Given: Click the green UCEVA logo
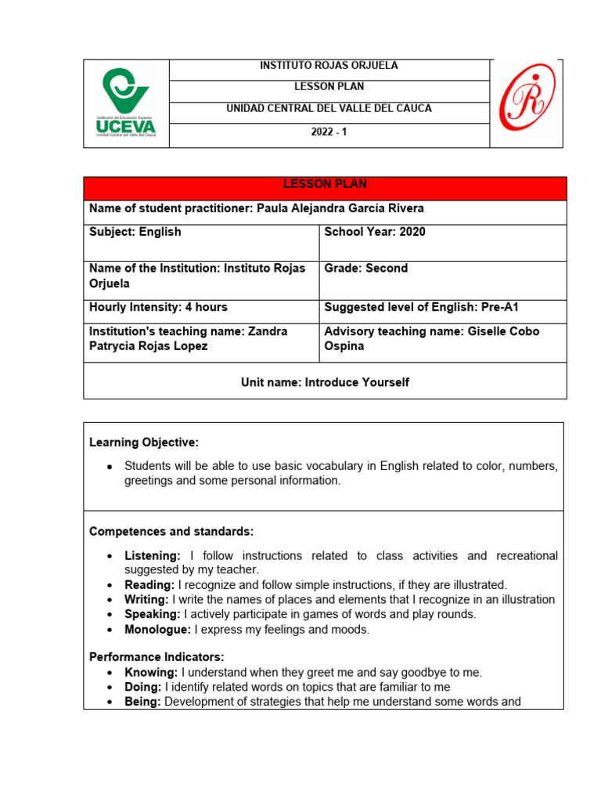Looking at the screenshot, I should (125, 103).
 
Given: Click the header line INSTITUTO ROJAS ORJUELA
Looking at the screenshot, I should (329, 66).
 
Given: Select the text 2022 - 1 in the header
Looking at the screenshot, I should (329, 132).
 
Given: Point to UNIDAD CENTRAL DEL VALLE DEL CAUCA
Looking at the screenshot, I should (329, 109).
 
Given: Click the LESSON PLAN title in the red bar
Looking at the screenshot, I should (324, 185).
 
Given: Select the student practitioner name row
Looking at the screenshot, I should (257, 209).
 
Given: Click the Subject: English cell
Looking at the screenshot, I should (135, 233).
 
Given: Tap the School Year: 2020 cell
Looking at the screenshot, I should (375, 233).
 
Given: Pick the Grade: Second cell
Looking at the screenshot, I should (365, 269).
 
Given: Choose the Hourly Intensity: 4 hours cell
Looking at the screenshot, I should (158, 308).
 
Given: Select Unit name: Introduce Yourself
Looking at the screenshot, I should (325, 383).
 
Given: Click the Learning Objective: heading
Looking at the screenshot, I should (144, 443).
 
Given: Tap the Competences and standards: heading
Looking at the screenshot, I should (171, 532).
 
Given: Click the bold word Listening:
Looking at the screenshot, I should (153, 556).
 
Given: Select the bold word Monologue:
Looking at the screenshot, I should (157, 630).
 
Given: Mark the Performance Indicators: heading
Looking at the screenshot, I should (157, 657).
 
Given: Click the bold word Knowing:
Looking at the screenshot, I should (151, 673).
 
